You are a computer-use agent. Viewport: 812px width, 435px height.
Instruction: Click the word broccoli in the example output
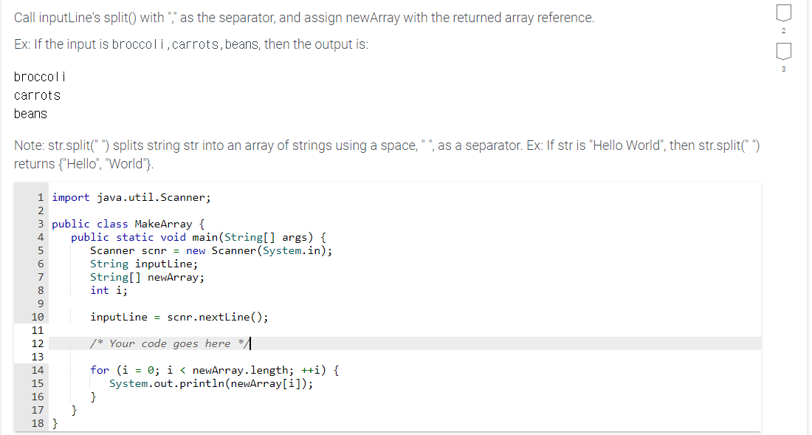(x=41, y=77)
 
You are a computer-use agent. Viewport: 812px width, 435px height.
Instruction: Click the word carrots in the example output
(x=38, y=95)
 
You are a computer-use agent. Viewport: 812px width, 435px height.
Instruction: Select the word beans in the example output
(x=30, y=114)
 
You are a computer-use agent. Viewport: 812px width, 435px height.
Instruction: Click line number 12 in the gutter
(x=38, y=343)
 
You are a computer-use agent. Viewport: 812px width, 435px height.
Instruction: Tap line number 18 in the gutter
(x=38, y=423)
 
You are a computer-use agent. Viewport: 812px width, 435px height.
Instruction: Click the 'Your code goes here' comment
(x=170, y=343)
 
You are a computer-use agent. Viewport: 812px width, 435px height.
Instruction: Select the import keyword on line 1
(x=71, y=197)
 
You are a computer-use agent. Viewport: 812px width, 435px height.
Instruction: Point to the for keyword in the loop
(x=100, y=370)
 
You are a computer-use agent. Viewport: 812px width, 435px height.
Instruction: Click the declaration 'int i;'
(x=109, y=290)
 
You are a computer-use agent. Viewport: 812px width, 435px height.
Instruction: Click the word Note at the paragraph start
(x=30, y=145)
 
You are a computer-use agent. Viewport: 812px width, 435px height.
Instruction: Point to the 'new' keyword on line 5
(x=196, y=250)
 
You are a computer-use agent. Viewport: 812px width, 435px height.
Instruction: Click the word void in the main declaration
(x=173, y=237)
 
